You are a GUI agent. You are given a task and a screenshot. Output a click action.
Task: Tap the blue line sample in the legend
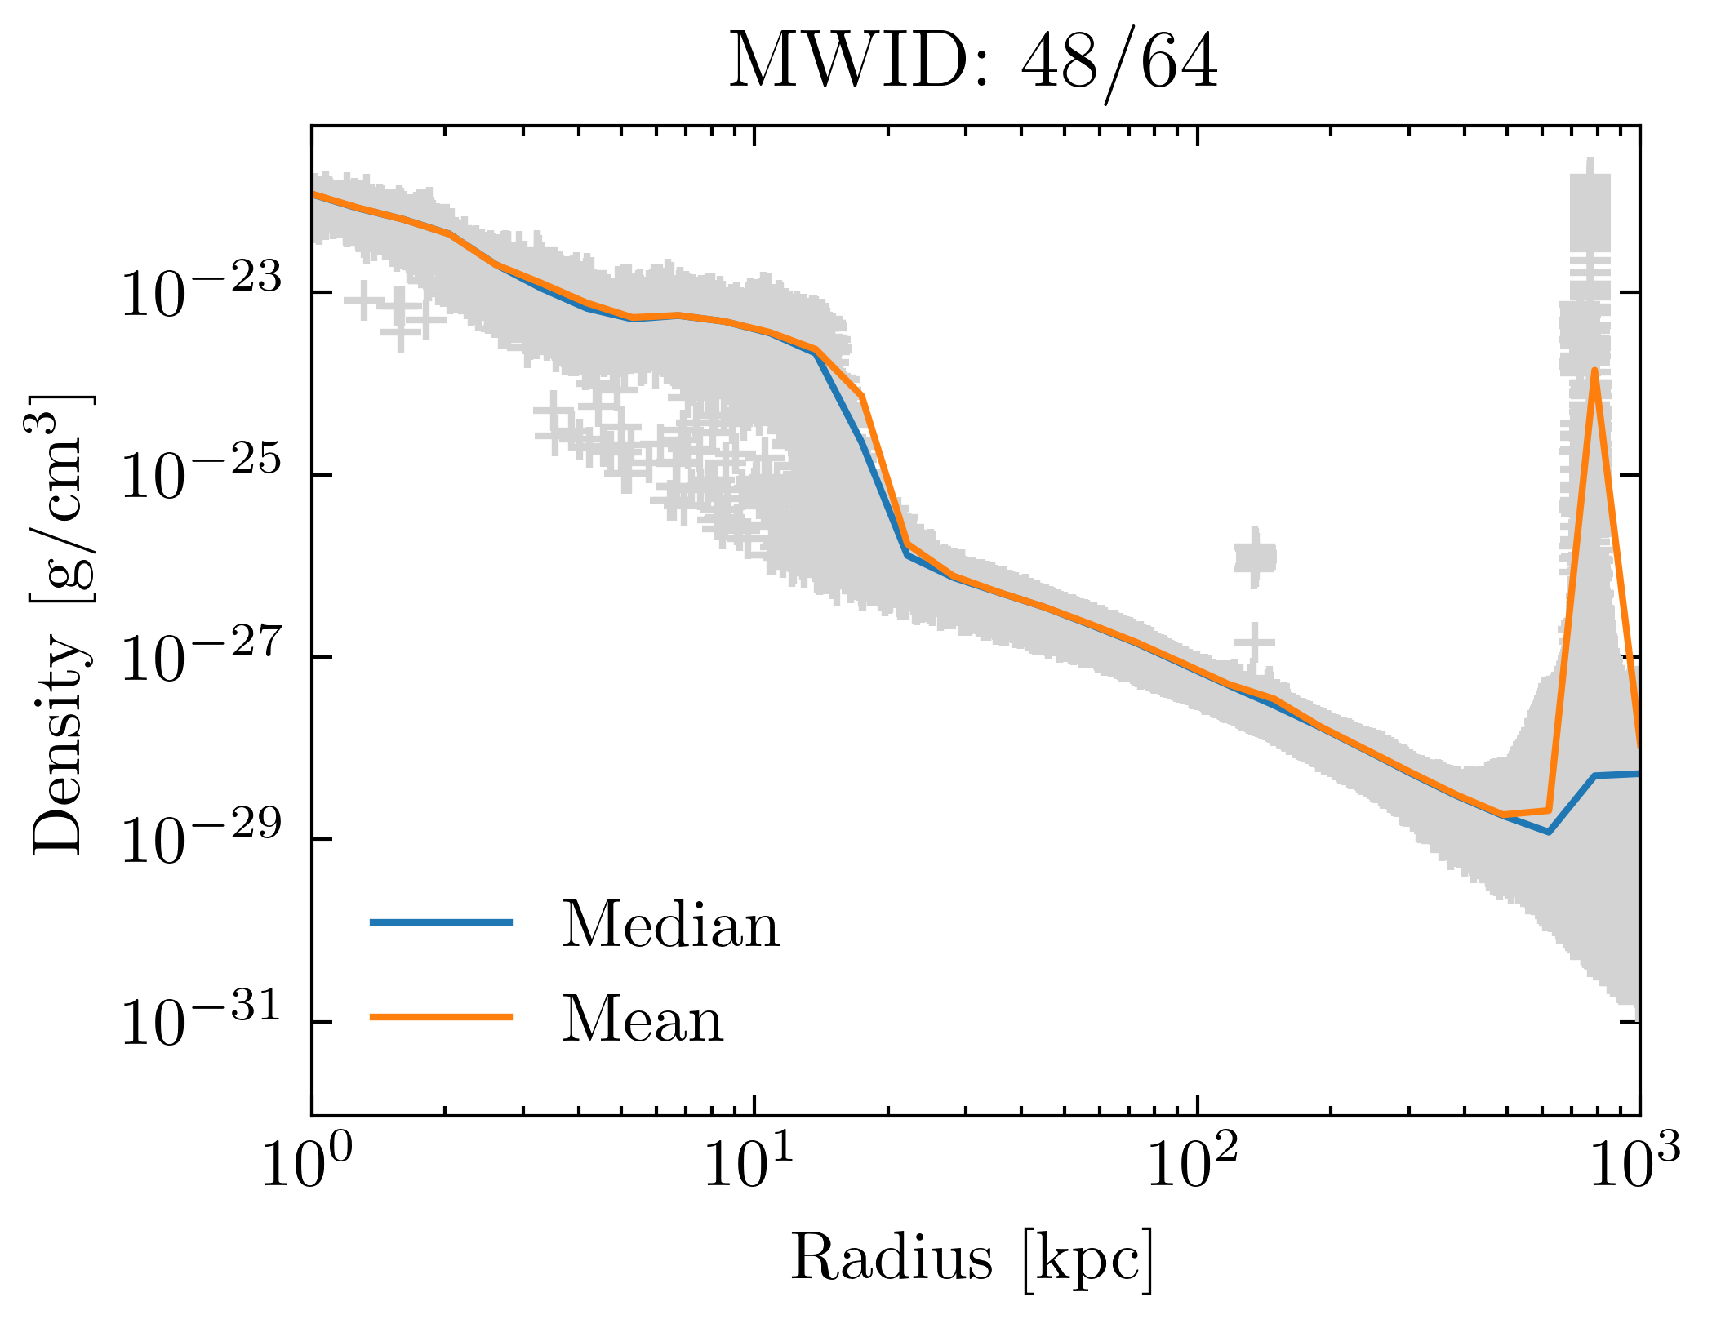coord(441,922)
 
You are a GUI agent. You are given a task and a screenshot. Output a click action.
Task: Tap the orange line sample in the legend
coord(441,1017)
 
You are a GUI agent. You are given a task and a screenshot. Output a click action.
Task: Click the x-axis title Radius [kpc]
coord(972,1258)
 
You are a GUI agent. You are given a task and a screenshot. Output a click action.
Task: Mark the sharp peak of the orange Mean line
coord(1594,371)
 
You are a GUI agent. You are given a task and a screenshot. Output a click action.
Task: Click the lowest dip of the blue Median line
coord(1548,832)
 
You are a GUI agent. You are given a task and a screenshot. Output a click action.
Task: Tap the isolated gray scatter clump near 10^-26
coord(1255,558)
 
